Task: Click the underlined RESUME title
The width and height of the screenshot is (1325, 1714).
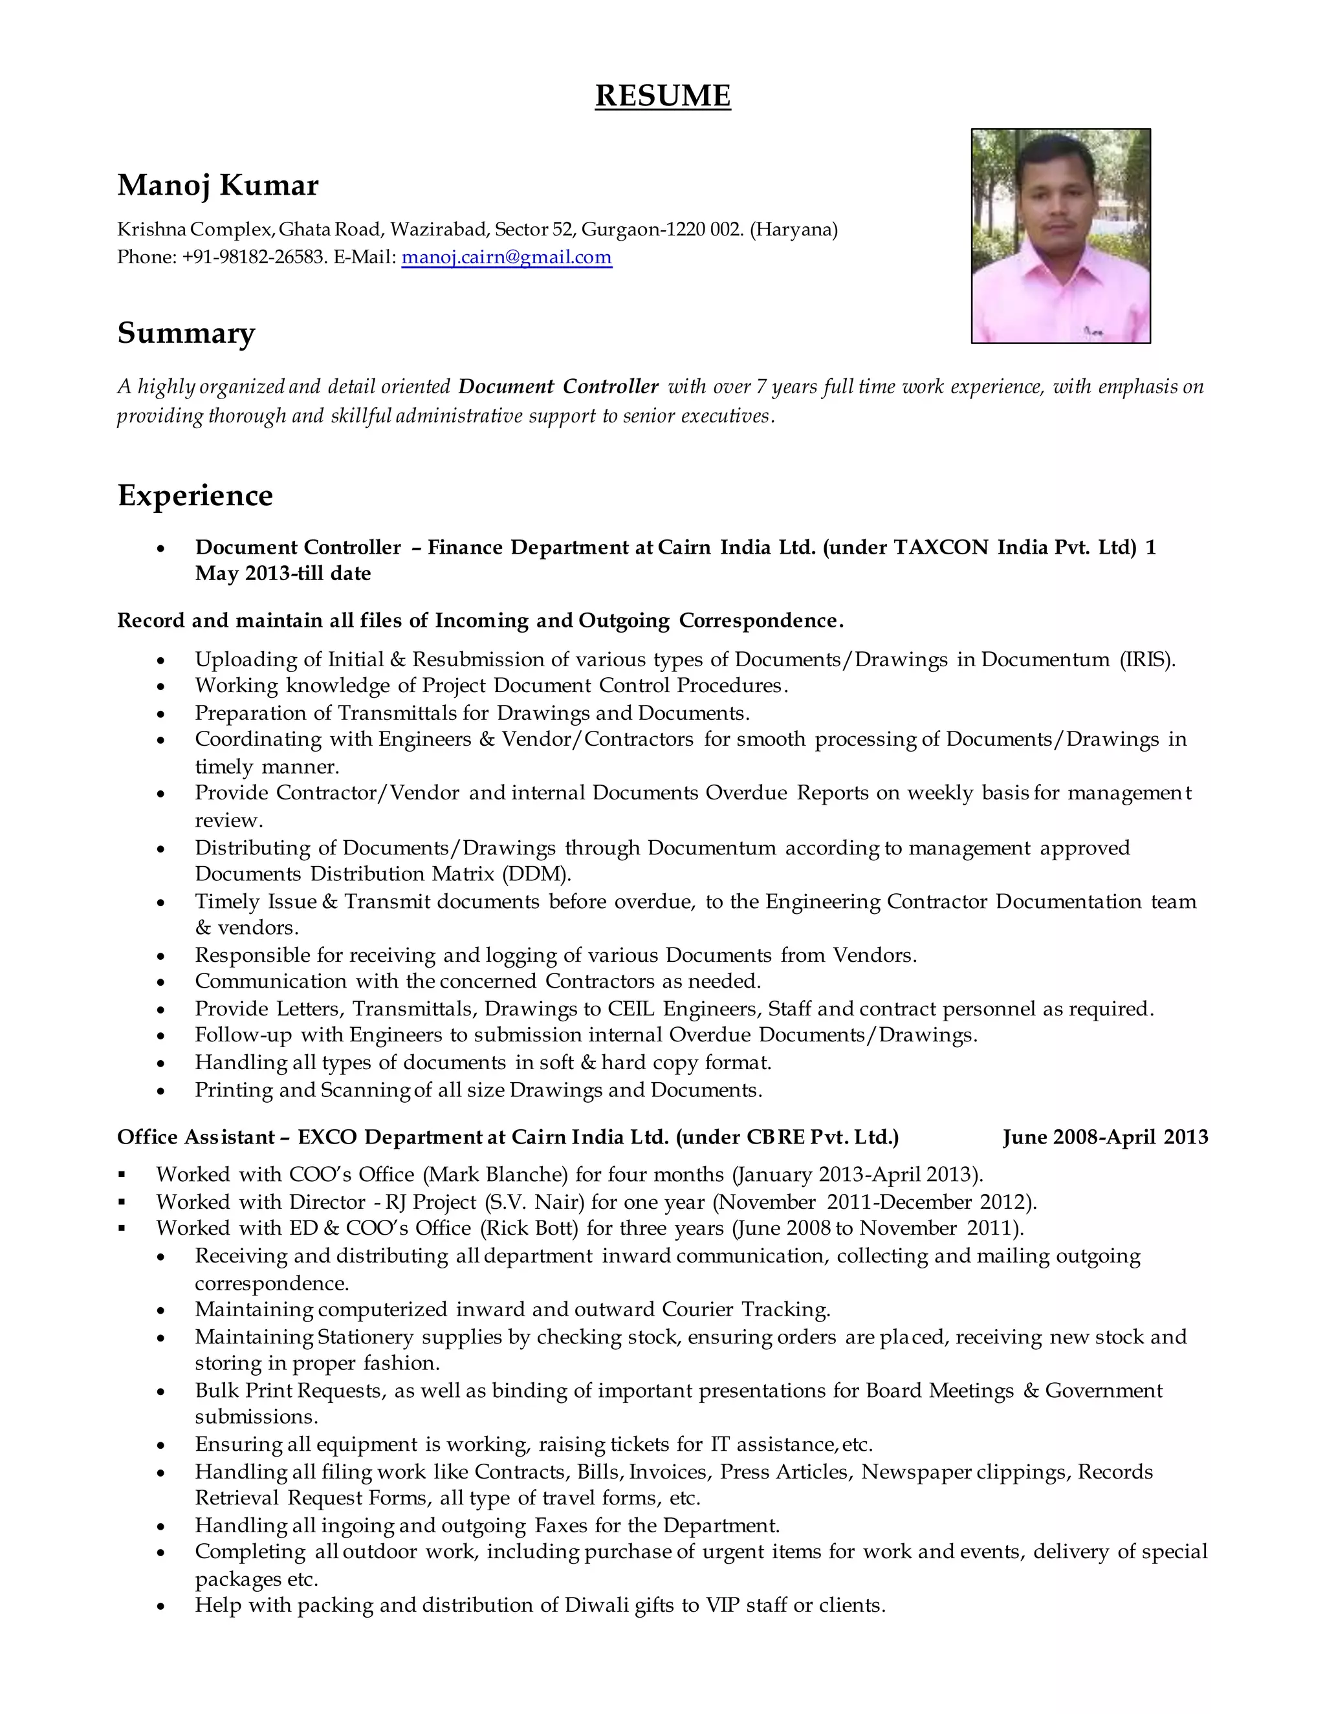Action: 662,96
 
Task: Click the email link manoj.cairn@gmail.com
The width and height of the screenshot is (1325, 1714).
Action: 507,257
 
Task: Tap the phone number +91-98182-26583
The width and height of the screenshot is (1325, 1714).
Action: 254,257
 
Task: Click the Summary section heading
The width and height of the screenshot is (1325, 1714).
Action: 186,332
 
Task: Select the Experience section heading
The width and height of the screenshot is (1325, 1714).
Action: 195,495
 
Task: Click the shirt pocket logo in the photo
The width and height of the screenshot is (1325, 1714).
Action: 1093,332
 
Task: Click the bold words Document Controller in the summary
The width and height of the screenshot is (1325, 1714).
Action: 558,387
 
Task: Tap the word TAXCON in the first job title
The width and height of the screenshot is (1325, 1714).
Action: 941,547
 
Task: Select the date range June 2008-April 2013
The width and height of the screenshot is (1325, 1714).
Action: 1105,1137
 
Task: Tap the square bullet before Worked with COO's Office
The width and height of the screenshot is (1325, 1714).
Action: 122,1175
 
